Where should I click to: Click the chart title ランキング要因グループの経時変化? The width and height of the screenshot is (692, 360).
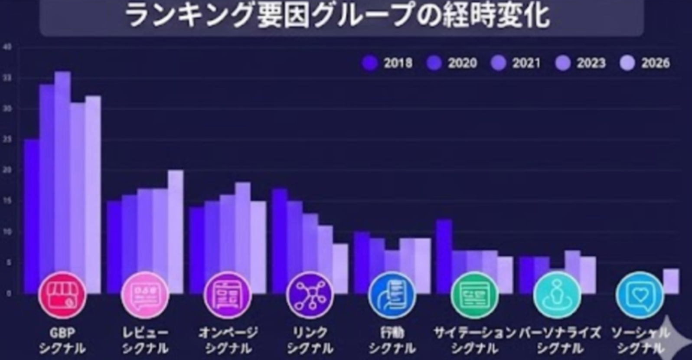coord(337,16)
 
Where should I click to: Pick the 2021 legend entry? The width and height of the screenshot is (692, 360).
coord(516,63)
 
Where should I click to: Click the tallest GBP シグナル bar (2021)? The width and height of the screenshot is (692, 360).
coord(62,173)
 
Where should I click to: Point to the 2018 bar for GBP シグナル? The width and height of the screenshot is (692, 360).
coord(32,208)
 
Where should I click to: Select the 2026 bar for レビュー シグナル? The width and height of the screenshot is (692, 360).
coord(176,226)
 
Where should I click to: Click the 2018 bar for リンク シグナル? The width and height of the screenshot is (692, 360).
coord(280,234)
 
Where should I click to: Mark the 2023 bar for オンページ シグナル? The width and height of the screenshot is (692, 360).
coord(243,230)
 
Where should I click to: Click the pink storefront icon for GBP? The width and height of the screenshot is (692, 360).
coord(62,295)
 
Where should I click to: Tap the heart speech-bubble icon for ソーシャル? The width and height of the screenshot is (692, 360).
coord(640,295)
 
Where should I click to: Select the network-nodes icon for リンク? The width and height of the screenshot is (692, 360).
coord(310,295)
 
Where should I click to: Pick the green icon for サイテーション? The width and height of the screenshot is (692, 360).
coord(474,295)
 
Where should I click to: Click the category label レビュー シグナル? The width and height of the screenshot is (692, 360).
coord(145,340)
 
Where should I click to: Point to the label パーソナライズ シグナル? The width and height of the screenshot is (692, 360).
coord(559,340)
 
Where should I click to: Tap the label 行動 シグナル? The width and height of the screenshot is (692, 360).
coord(392,340)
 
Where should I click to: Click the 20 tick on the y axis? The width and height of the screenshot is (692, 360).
coord(7,170)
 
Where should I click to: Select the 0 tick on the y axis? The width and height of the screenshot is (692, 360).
coord(8,294)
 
